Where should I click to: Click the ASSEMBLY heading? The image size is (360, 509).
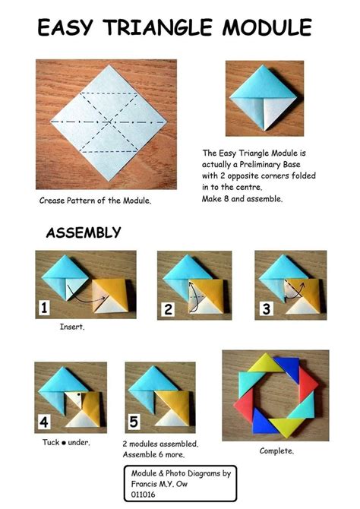83,232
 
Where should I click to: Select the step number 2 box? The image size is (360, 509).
167,308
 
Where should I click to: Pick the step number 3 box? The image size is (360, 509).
264,308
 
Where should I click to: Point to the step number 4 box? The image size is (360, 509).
44,421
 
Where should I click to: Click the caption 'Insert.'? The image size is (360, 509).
71,327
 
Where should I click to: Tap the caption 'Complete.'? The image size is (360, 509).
276,451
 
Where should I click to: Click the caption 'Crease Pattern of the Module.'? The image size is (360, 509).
95,201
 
